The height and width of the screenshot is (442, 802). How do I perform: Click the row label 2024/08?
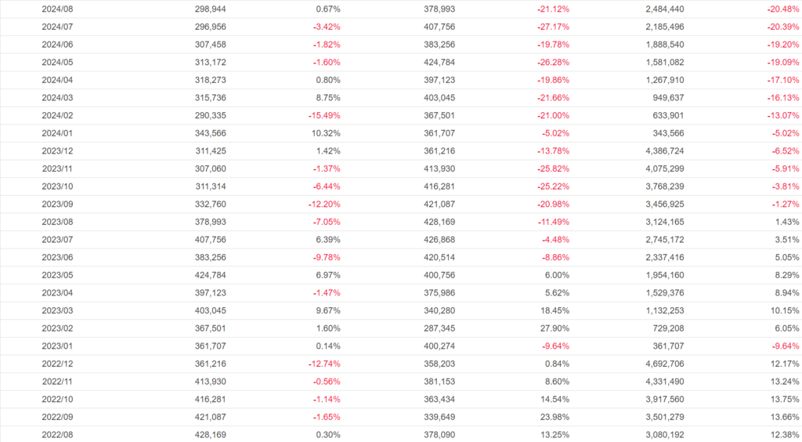[57, 9]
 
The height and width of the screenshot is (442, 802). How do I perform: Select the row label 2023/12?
[57, 150]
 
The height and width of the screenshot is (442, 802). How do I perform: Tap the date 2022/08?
[57, 433]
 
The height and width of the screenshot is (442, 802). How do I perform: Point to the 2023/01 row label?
[57, 345]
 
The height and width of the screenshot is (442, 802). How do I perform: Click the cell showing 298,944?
[211, 9]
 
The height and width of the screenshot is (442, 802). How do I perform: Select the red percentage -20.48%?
[782, 9]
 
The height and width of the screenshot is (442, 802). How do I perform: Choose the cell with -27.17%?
[553, 27]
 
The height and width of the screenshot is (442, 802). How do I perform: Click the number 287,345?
[438, 328]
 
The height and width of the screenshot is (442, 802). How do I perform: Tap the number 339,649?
[438, 416]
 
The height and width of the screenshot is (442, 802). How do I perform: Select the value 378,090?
[438, 433]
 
